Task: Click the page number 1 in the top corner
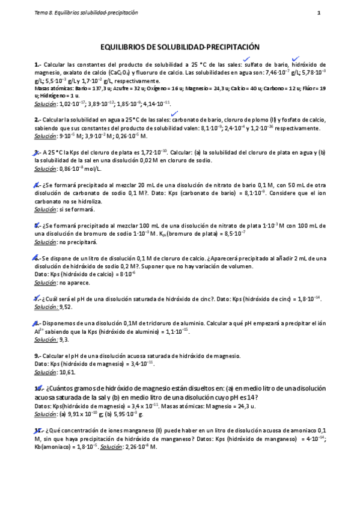[x=319, y=12]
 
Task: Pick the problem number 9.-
[x=38, y=355]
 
